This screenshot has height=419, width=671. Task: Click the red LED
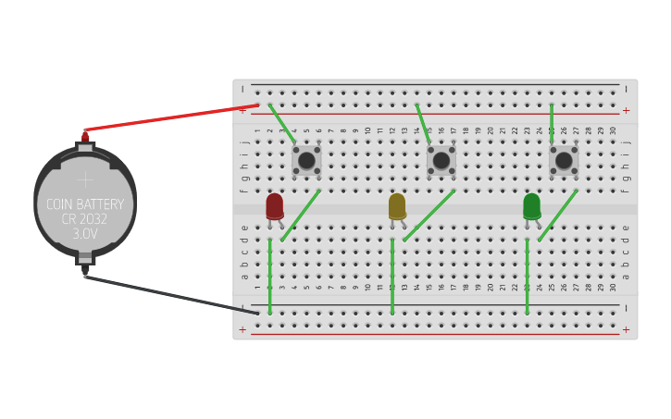[275, 205]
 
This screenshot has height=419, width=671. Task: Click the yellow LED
[397, 205]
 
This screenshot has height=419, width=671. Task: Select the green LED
[531, 205]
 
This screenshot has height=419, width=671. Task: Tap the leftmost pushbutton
[306, 160]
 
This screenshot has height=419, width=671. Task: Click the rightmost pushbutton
[564, 160]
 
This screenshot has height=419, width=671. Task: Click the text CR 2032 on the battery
[85, 219]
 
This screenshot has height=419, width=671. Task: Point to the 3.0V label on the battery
[85, 235]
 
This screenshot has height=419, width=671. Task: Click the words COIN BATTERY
[85, 204]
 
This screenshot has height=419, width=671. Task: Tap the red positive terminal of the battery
[85, 137]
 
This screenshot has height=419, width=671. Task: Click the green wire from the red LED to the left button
[301, 216]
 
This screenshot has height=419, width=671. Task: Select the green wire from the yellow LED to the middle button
[429, 216]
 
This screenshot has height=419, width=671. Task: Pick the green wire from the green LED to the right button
[557, 216]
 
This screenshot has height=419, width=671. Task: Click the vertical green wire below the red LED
[269, 277]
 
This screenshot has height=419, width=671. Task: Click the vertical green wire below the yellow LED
[392, 277]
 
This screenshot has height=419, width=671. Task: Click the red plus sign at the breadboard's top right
[626, 110]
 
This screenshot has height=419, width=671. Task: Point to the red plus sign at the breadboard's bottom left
[242, 329]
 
